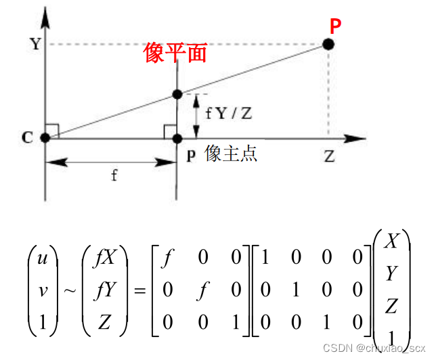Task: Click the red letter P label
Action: point(336,26)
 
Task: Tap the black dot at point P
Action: point(328,45)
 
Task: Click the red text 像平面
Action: point(175,52)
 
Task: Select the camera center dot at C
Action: point(45,138)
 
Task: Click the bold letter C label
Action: point(27,137)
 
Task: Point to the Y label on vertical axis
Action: point(33,45)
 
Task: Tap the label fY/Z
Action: point(228,113)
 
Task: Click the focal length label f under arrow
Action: point(114,176)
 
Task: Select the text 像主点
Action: point(231,154)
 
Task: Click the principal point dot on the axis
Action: point(177,138)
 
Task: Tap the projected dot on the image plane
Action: point(177,94)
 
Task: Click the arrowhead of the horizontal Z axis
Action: point(351,138)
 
